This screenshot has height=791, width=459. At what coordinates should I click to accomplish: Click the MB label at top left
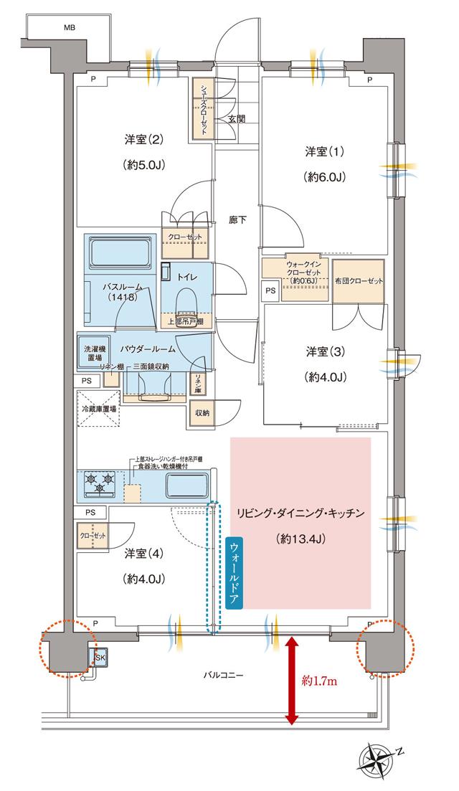pos(69,28)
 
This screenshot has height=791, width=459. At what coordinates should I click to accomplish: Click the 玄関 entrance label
pos(237,118)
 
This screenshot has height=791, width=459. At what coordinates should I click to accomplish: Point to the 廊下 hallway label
pos(238,220)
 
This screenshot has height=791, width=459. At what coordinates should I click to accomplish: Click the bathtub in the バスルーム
pos(120,251)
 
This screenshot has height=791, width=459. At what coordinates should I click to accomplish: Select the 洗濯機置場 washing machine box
pos(92,351)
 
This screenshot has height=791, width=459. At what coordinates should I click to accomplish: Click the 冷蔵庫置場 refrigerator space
pos(98,414)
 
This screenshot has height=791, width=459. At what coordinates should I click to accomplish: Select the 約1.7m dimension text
pos(319,679)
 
